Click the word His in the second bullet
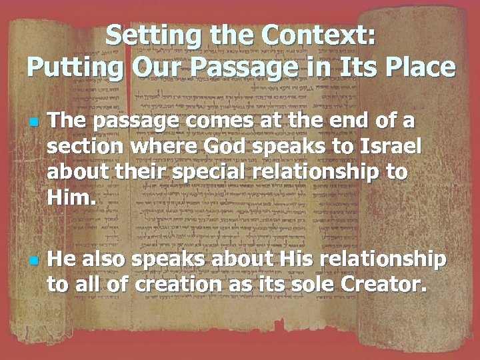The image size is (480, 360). tap(279, 259)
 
